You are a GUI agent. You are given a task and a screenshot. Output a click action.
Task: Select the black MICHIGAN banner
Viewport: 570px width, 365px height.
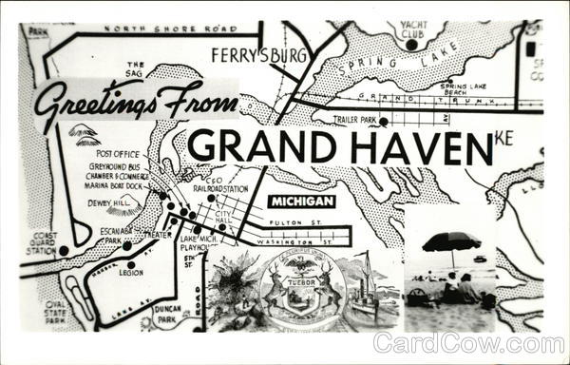pos(301,202)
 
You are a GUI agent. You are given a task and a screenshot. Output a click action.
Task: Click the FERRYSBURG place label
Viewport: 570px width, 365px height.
pos(259,54)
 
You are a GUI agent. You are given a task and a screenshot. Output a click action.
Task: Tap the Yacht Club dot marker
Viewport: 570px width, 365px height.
pos(411,44)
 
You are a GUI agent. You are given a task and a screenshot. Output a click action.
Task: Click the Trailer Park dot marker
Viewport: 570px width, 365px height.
pos(383,121)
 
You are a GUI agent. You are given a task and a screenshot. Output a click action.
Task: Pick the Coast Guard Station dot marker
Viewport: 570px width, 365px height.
pos(64,251)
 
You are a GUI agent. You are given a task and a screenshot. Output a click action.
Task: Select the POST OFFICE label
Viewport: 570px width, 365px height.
pos(117,153)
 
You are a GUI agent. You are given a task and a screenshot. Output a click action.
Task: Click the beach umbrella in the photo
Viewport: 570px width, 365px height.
pos(450,241)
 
